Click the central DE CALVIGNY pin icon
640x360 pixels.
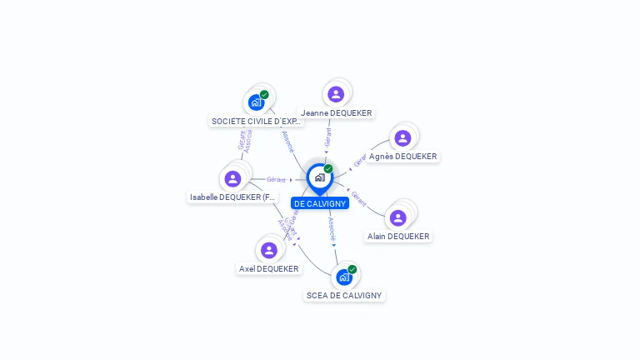(319, 177)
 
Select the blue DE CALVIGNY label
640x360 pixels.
(320, 203)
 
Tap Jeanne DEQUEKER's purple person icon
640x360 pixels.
(336, 94)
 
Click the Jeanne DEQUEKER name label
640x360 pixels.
(337, 112)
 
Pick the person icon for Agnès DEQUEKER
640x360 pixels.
(402, 138)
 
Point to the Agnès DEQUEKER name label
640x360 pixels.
(403, 156)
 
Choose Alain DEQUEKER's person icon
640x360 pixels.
(398, 217)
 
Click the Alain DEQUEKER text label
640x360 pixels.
(398, 236)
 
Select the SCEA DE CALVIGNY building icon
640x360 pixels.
(344, 277)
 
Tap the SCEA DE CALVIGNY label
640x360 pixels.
(344, 295)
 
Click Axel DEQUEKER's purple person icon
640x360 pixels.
(268, 250)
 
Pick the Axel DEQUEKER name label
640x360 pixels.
(268, 268)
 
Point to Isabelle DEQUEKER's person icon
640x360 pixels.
(232, 178)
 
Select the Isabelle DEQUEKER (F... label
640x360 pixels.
(232, 197)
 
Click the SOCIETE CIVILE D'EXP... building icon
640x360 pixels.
(256, 102)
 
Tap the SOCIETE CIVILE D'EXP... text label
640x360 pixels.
(256, 121)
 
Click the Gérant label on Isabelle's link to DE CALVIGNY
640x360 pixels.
(277, 179)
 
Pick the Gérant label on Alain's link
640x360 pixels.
(358, 198)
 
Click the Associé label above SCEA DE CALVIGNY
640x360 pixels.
(332, 228)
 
